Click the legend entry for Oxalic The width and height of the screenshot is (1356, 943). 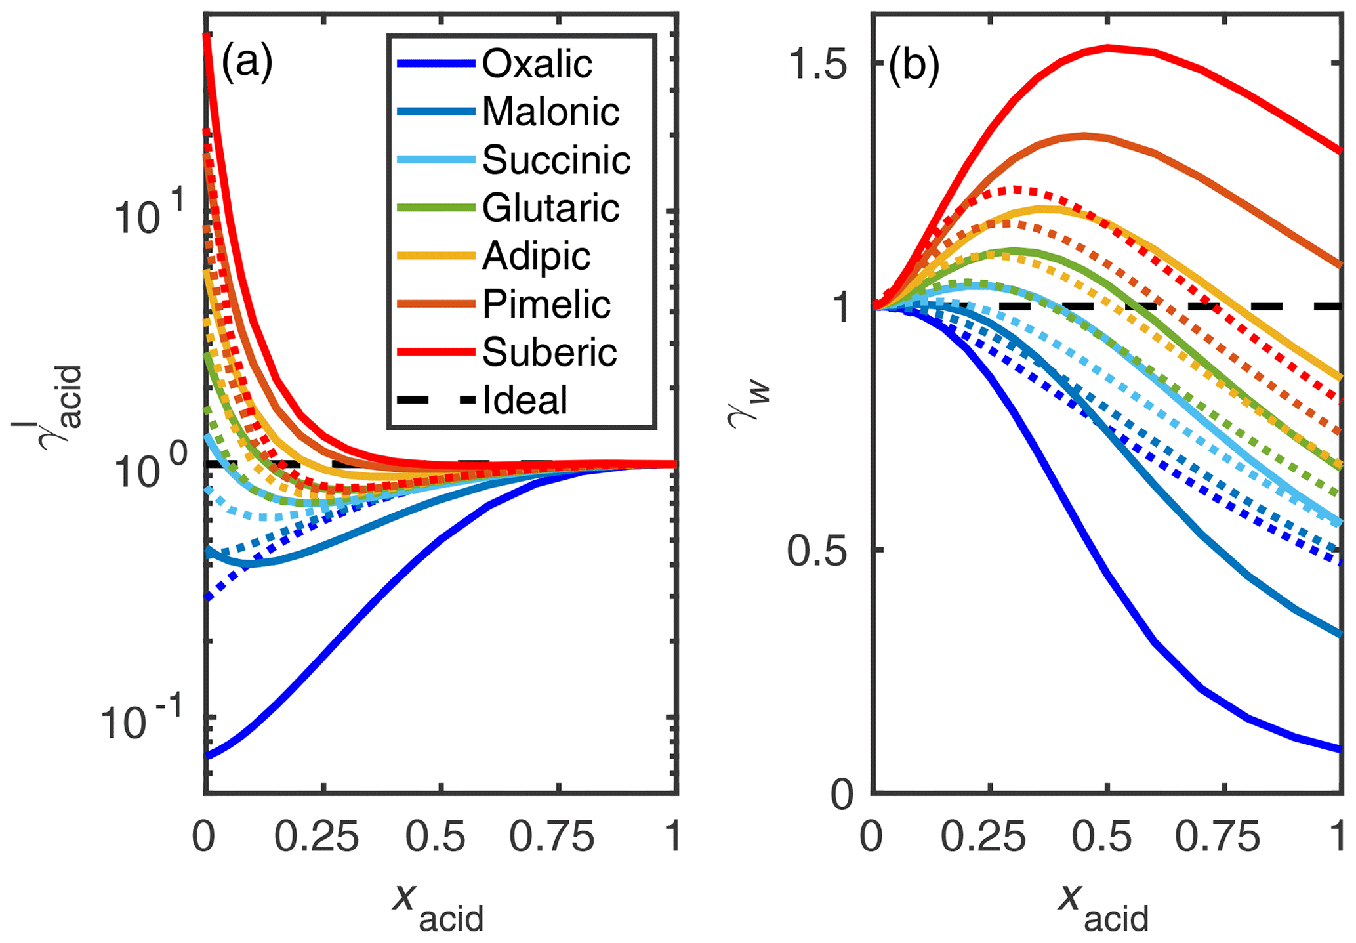pos(537,64)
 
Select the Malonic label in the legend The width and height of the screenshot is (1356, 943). pos(550,112)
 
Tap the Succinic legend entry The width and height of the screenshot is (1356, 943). pos(556,160)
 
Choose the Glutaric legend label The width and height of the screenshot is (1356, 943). pos(550,209)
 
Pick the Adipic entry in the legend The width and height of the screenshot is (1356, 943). pos(536,257)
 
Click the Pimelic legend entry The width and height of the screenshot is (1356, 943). pos(546,304)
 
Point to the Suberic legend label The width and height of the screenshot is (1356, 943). pos(549,352)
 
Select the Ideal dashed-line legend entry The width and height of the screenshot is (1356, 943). pos(525,400)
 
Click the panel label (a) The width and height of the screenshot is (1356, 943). pos(247,64)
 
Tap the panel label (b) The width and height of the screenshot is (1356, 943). pos(914,66)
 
